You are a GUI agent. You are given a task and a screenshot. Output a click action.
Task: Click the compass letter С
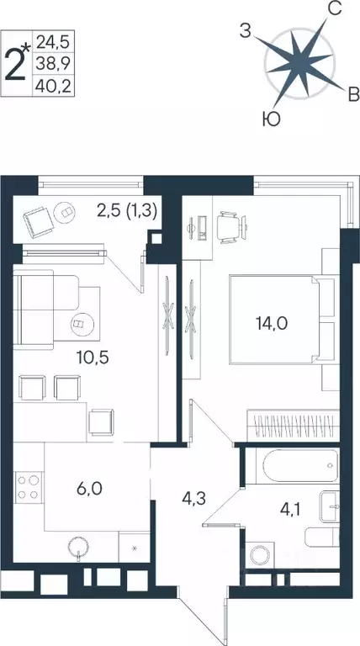tap(334, 10)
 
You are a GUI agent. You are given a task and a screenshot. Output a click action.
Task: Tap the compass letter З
tap(245, 32)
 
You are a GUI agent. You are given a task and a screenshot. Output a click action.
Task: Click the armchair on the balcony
tap(39, 220)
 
